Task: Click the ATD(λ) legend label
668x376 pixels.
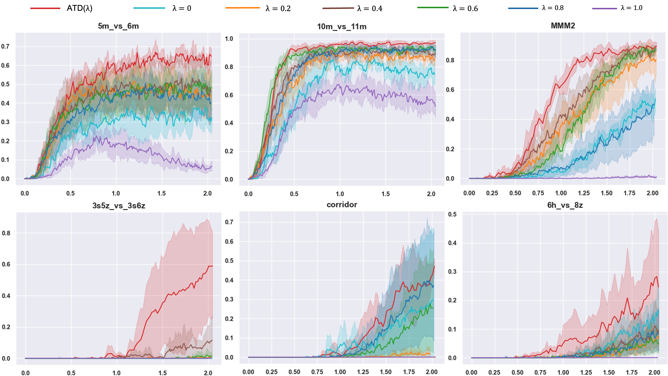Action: (80, 8)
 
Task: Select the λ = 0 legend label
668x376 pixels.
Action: (182, 8)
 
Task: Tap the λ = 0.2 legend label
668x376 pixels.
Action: (278, 9)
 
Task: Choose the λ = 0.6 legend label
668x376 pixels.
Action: (465, 9)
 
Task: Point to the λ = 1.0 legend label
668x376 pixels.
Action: (631, 8)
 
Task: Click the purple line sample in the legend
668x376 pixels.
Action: (605, 9)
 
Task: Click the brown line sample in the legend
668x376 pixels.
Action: (338, 8)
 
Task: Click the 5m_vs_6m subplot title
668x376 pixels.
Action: (118, 26)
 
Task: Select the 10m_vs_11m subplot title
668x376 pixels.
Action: (342, 27)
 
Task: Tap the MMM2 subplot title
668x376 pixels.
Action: (563, 26)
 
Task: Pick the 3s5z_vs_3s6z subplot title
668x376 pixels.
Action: (119, 206)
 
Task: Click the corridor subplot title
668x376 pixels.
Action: (342, 205)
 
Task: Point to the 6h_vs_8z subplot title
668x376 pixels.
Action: (565, 205)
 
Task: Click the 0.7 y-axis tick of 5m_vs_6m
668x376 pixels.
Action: (5, 46)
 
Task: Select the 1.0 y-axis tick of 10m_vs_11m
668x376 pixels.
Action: (229, 39)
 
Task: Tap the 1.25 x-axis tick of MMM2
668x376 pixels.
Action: (583, 193)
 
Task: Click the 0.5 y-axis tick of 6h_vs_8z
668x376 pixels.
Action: (452, 214)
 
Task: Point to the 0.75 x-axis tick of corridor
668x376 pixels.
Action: (317, 372)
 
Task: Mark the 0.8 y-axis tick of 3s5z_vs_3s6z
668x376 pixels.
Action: (6, 233)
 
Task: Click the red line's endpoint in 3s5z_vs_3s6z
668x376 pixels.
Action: (212, 266)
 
